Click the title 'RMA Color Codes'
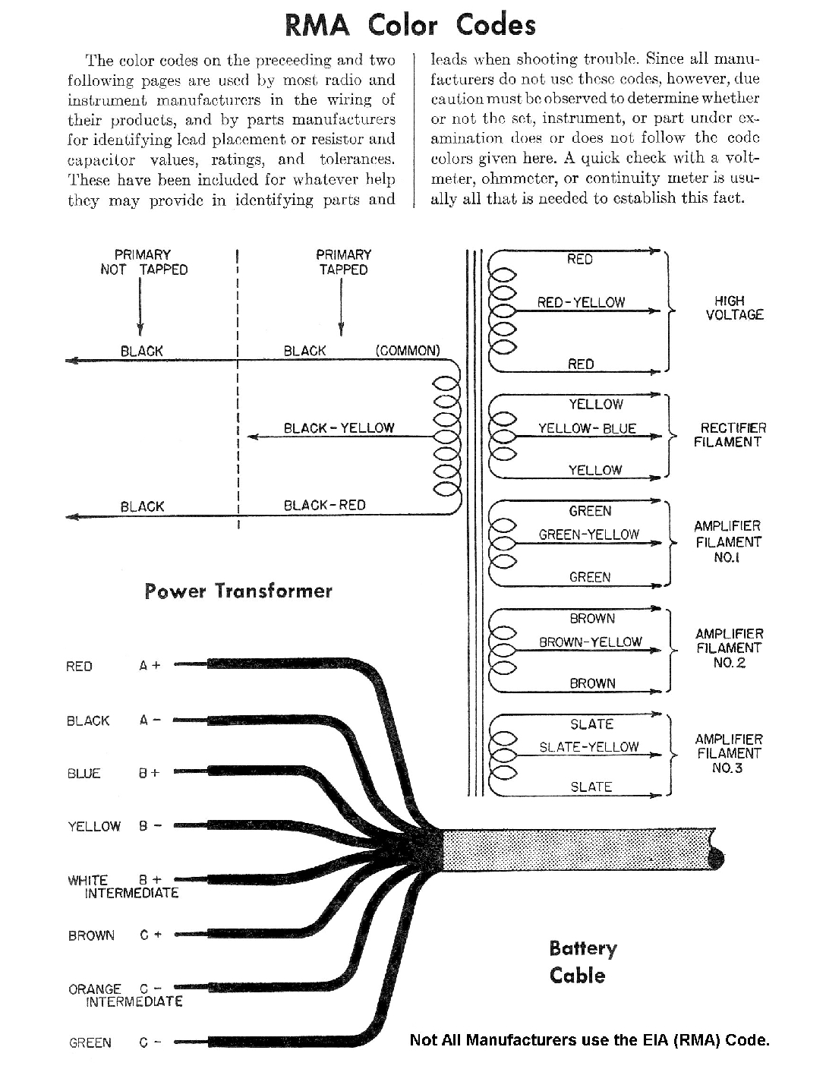[x=410, y=25]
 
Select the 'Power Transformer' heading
[x=238, y=591]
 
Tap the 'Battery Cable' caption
[x=582, y=961]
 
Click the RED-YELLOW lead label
[x=581, y=302]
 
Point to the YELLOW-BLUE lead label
[x=587, y=428]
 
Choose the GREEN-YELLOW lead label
[x=588, y=534]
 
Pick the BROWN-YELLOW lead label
[x=590, y=642]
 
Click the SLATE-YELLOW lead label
[x=588, y=747]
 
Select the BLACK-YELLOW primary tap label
[x=339, y=428]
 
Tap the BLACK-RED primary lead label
[x=324, y=505]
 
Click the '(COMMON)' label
[x=408, y=351]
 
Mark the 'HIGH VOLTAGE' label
[x=734, y=307]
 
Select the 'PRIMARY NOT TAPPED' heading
[x=143, y=262]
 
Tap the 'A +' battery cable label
[x=150, y=666]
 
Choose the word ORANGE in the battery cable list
[x=95, y=989]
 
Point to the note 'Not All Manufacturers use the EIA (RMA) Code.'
[x=589, y=1040]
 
